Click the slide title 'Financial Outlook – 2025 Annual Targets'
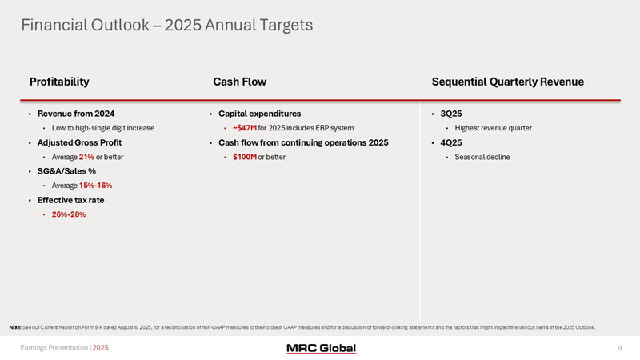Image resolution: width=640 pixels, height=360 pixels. pos(166,26)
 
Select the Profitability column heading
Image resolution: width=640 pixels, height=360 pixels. pos(59,82)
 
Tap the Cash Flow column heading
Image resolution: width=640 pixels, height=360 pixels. pos(239,82)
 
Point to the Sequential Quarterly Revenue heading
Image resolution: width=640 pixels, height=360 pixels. pos(507,82)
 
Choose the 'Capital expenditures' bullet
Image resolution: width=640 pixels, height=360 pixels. pos(259,114)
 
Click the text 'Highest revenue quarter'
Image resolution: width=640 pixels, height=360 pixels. pos(493,128)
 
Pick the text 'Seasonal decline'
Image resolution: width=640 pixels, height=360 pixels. pos(482,157)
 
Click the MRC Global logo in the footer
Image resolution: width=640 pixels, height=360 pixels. pos(321,348)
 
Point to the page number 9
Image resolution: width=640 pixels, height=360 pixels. pos(620,348)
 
